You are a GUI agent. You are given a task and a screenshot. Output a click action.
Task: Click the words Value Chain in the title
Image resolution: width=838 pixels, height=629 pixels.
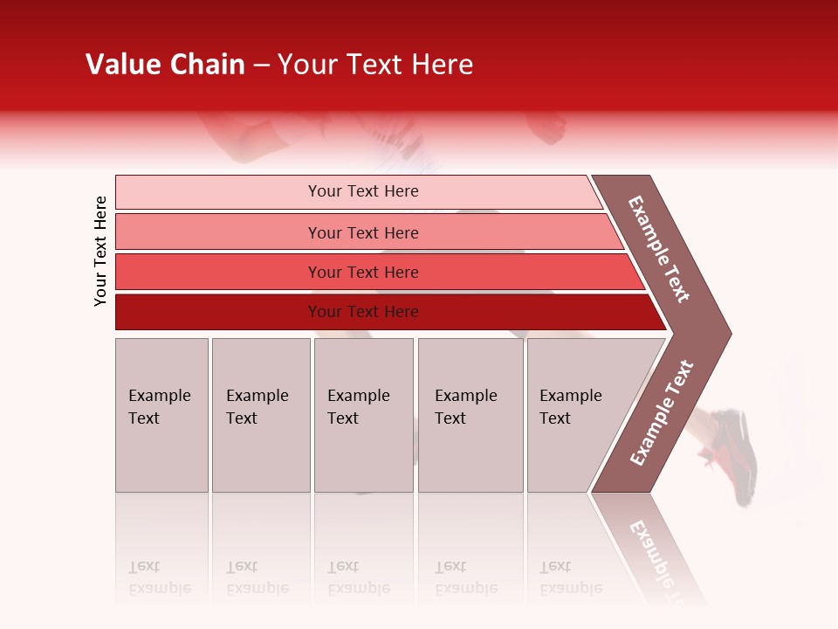[165, 65]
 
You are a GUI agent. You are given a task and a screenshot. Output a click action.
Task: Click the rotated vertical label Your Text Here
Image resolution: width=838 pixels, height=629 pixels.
[100, 251]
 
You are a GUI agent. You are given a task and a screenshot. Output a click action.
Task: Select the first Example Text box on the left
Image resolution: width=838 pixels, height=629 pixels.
[161, 415]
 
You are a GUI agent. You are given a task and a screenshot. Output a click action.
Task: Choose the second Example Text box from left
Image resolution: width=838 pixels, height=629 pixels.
[260, 415]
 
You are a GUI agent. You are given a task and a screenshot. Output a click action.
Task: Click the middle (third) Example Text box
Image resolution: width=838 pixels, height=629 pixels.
[363, 415]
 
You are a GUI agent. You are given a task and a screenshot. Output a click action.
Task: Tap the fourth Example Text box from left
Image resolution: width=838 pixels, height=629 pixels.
[471, 415]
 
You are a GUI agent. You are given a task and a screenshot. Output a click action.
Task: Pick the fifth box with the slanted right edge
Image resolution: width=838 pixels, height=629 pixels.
[580, 415]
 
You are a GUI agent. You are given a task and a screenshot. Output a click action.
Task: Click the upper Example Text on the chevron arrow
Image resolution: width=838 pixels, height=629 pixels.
[659, 249]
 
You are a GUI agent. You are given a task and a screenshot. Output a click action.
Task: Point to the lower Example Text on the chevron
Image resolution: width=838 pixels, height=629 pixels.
[662, 412]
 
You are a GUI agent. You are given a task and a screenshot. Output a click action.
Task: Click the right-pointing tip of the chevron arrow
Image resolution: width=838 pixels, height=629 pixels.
[726, 333]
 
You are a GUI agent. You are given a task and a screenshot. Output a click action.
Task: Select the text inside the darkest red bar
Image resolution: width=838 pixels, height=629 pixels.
[363, 312]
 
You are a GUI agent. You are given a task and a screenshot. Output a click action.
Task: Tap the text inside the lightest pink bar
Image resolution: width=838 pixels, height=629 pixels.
[363, 191]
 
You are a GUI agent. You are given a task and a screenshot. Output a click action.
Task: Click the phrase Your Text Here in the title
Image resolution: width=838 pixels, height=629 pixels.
[375, 65]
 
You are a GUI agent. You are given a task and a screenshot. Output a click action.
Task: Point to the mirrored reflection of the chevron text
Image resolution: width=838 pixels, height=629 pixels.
[655, 550]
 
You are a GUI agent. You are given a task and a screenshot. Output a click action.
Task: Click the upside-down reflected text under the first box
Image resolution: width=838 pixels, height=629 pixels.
[160, 577]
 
